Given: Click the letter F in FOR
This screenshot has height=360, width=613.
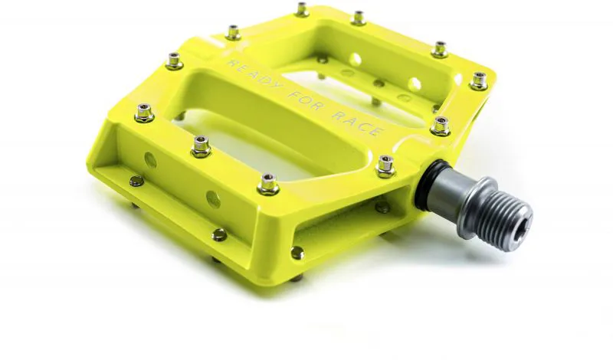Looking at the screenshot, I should [293, 92].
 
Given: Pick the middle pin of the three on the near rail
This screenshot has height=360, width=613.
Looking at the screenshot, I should [201, 144].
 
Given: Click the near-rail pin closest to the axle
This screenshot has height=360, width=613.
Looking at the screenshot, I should [268, 182].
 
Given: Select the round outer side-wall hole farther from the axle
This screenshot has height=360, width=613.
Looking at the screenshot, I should [150, 161].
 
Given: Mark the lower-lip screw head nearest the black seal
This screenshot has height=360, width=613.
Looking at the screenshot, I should [381, 206].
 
